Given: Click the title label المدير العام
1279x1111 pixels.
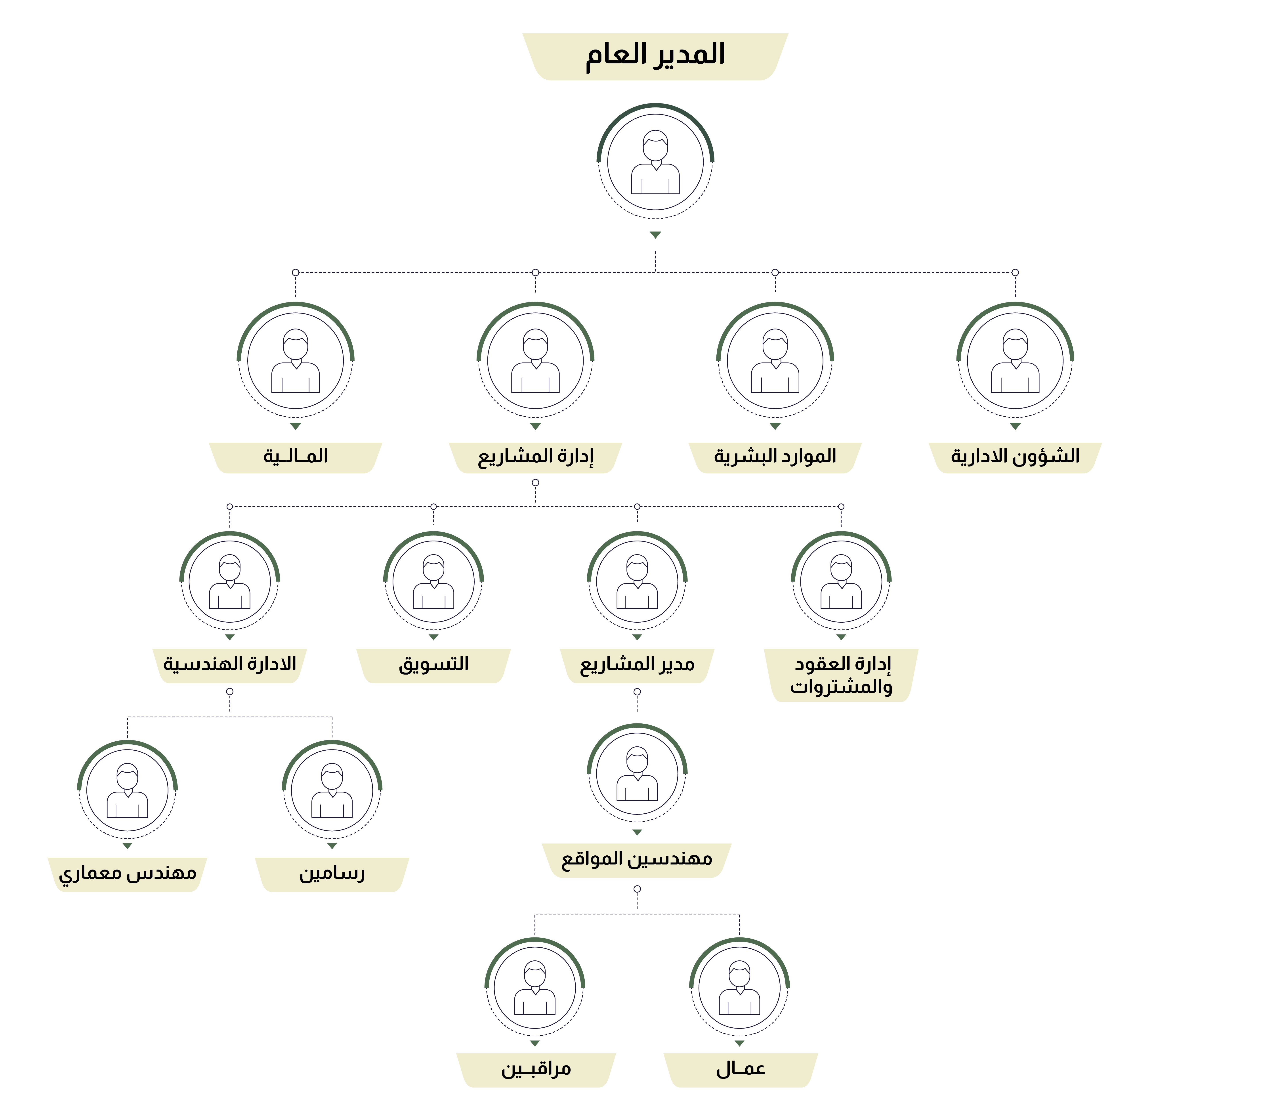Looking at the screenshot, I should coord(655,55).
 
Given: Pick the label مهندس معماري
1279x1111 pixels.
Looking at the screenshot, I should coord(127,874).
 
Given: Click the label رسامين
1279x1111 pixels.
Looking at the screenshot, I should coord(332,874).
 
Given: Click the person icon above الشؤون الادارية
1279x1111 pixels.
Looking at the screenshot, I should coord(1015,361).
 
